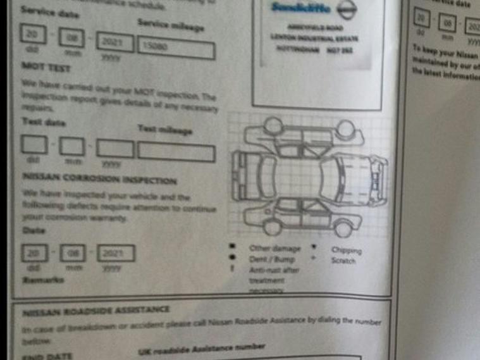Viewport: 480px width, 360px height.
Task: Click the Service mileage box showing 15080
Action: click(x=176, y=47)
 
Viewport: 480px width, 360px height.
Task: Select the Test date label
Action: click(x=44, y=121)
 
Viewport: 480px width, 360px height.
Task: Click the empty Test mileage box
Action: click(x=176, y=152)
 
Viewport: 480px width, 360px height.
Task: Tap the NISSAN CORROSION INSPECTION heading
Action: click(x=99, y=180)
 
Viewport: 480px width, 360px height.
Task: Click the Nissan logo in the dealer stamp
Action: click(x=343, y=9)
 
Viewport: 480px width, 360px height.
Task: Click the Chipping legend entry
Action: click(x=346, y=250)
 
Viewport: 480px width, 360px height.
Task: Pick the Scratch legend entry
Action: click(x=343, y=260)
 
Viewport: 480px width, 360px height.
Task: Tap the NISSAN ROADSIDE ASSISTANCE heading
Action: click(x=96, y=310)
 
